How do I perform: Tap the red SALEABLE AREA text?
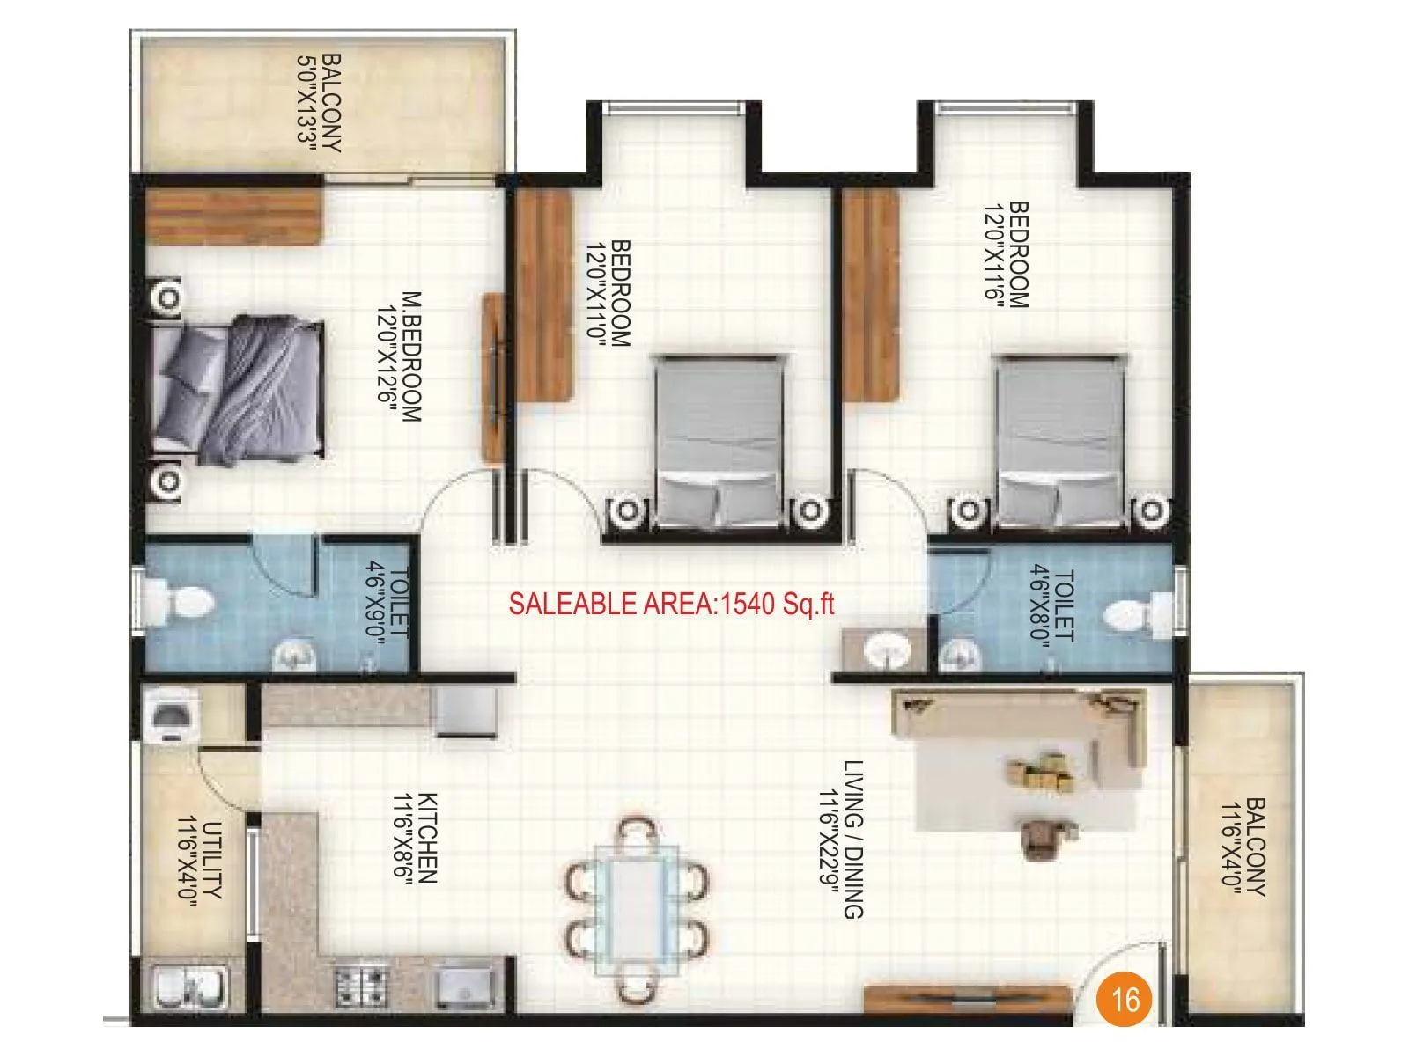(x=671, y=604)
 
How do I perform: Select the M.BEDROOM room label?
(x=400, y=356)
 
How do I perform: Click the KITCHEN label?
(x=416, y=838)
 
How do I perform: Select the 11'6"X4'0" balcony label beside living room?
(x=1243, y=847)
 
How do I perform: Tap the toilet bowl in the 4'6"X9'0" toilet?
(x=181, y=604)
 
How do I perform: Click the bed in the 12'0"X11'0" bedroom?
(x=719, y=440)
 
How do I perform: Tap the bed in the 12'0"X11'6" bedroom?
(x=1060, y=440)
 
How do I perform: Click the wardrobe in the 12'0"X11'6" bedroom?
(x=872, y=297)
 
